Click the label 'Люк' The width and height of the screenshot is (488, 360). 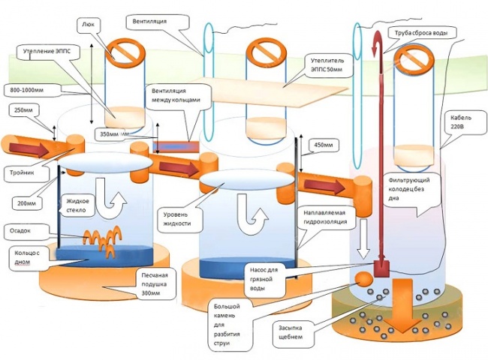(87, 25)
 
